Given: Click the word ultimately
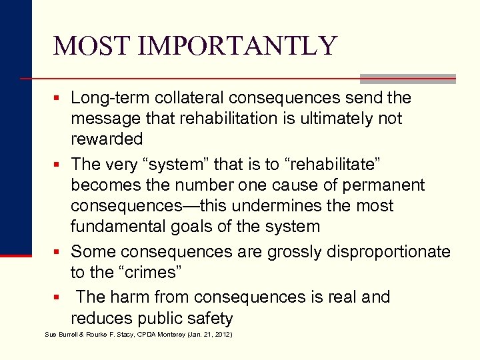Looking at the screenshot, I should [x=327, y=119].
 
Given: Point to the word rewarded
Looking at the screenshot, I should [x=107, y=139].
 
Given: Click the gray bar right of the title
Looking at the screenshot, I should [x=407, y=78].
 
